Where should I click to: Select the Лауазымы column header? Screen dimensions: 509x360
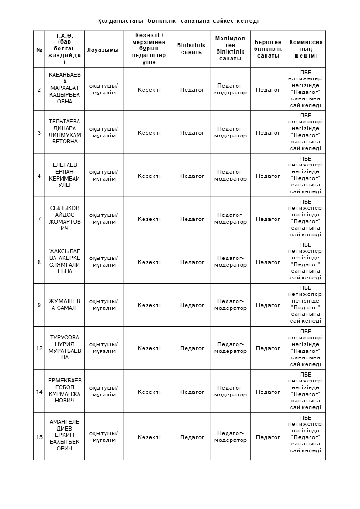103,50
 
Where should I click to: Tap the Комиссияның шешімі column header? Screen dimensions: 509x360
306,49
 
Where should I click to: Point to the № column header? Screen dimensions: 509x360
39,50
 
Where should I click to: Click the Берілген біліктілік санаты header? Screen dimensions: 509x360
268,49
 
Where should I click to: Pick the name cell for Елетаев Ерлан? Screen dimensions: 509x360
64,175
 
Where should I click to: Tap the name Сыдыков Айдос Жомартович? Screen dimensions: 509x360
64,218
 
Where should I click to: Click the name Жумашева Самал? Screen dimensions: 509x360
64,304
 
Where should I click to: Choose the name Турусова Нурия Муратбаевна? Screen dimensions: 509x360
64,347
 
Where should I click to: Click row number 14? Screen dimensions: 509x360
39,392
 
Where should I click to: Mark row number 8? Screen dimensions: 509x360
39,262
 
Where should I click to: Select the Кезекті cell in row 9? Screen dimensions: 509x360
149,305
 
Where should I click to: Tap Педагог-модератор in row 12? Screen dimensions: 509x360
230,348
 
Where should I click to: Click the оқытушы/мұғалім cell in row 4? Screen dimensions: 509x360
104,176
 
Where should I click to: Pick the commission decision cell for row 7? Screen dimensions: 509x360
306,219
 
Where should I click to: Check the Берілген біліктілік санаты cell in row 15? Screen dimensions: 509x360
268,437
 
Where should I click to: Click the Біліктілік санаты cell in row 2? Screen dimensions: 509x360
192,90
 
